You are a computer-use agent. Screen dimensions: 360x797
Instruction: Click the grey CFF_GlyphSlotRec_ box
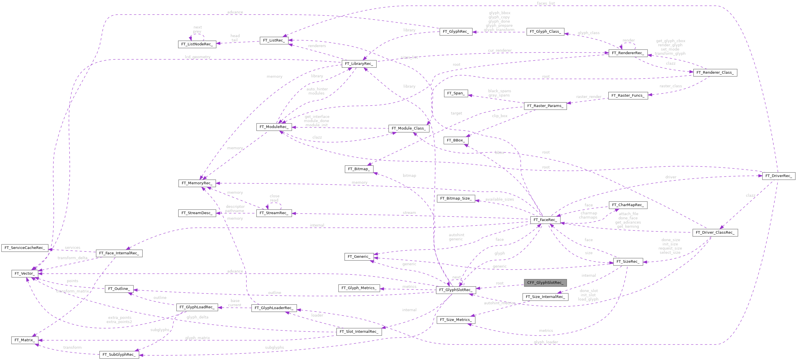[x=545, y=283]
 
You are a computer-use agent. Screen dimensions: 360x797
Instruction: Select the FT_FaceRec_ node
[x=545, y=220]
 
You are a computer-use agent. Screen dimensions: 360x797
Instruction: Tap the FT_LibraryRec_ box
[x=359, y=64]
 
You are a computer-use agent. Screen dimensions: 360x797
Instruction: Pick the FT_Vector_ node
[x=25, y=273]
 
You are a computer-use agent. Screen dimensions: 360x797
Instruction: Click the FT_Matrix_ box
[x=24, y=340]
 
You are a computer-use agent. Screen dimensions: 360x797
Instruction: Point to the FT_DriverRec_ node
[x=778, y=176]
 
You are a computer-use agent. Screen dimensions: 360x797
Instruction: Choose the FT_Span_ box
[x=456, y=93]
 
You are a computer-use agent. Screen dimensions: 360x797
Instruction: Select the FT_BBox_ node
[x=456, y=140]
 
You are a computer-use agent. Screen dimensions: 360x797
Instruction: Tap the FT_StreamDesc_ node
[x=197, y=213]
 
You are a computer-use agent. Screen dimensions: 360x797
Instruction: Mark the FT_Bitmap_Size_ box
[x=456, y=198]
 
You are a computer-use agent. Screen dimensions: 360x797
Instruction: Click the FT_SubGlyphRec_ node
[x=119, y=355]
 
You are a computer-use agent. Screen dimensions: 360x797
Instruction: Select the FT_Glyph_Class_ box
[x=545, y=32]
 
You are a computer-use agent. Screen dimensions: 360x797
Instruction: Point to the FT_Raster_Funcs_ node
[x=628, y=96]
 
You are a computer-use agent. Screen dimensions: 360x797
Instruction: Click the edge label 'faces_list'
[x=546, y=3]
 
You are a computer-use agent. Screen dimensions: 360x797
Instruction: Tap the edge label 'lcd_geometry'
[x=197, y=57]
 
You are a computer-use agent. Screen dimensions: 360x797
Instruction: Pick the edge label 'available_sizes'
[x=499, y=199]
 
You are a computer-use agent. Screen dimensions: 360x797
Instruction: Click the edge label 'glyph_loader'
[x=546, y=342]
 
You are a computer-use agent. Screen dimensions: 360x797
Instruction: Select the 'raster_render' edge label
[x=588, y=97]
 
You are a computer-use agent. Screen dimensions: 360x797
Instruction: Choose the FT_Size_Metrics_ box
[x=456, y=320]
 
